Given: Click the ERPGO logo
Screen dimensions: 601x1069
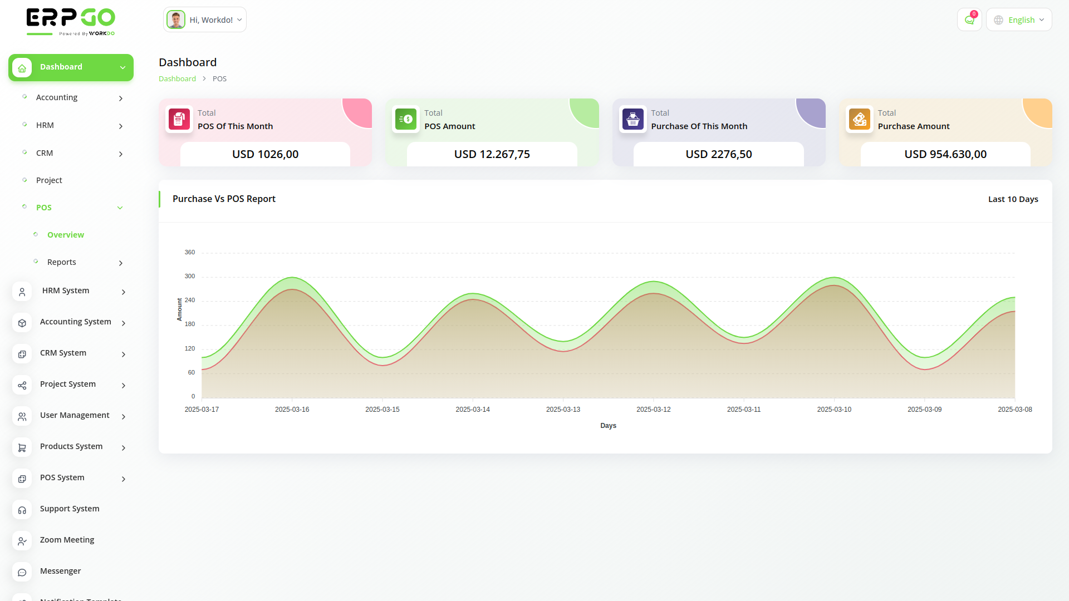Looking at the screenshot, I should click(71, 22).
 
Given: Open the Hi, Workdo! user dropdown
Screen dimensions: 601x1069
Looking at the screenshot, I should click(205, 20).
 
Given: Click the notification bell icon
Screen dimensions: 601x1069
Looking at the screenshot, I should click(969, 20).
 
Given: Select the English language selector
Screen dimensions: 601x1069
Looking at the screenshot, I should click(1019, 20).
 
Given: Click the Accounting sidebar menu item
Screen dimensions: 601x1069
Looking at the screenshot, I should click(57, 97).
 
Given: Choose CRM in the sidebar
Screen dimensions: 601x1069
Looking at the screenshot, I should click(45, 153).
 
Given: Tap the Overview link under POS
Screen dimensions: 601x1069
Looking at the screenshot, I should click(66, 235).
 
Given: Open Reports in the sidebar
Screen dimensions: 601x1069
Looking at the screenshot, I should click(62, 262).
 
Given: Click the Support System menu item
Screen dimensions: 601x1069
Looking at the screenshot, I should click(70, 509).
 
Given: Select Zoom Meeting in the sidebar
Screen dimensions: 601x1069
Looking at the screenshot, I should click(67, 540).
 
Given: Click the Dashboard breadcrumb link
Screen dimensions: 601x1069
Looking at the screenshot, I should click(177, 78).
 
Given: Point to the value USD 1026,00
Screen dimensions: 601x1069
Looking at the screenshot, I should click(266, 154).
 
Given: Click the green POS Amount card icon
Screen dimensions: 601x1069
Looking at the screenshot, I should click(406, 119).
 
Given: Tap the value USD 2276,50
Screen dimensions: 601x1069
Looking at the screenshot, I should click(719, 154).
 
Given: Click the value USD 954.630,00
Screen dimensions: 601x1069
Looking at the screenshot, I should click(945, 154).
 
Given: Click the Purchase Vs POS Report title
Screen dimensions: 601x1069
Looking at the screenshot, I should click(224, 199).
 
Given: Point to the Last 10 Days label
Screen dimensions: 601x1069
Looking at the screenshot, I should click(1013, 199).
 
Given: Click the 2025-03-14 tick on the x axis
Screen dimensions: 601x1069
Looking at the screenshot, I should click(473, 410).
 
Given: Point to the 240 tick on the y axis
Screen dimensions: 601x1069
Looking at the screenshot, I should click(190, 300).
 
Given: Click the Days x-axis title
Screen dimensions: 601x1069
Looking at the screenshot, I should click(608, 426).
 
